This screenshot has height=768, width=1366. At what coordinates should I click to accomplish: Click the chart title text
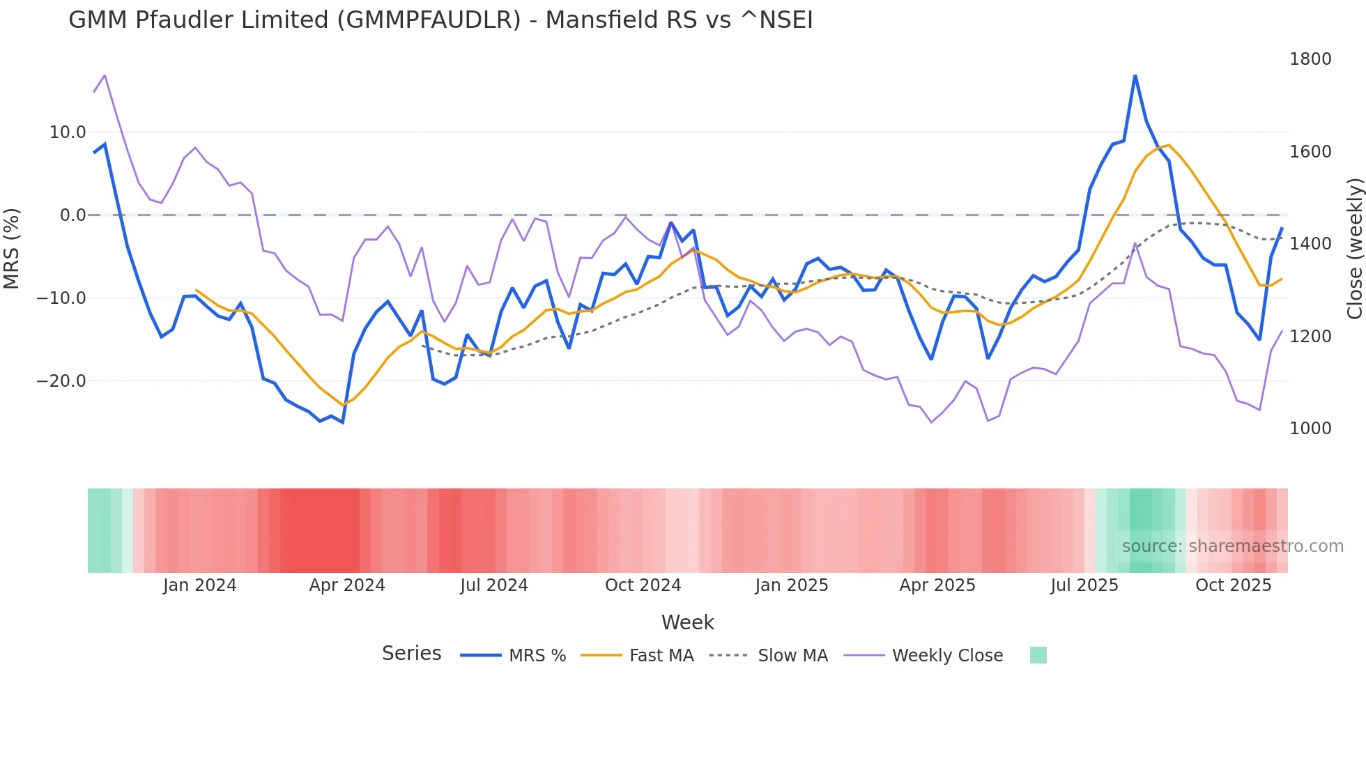[440, 20]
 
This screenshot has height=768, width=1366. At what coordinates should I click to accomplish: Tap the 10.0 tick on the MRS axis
[68, 132]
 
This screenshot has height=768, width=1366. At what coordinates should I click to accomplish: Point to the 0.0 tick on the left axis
[72, 215]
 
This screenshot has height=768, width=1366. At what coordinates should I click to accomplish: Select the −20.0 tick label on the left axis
[61, 381]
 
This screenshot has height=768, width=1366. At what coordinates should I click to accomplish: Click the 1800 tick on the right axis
[1310, 59]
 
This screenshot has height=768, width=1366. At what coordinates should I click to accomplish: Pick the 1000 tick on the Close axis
[1310, 429]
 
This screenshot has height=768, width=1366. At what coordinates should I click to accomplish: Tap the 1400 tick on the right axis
[1310, 244]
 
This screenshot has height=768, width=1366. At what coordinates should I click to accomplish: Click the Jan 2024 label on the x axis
[200, 585]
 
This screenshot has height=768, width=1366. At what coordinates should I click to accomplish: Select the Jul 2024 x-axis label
[494, 585]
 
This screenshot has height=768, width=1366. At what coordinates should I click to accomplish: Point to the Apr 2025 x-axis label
[937, 585]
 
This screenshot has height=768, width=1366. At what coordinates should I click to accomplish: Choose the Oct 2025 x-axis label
[1234, 585]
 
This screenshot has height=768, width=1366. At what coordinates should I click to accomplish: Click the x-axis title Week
[687, 622]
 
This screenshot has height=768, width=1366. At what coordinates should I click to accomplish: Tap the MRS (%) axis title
[12, 249]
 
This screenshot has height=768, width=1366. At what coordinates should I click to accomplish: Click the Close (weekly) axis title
[1355, 249]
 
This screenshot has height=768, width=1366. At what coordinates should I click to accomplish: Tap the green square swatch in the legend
[1038, 655]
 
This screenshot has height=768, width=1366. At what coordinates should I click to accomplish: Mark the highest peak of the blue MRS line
[1135, 75]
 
